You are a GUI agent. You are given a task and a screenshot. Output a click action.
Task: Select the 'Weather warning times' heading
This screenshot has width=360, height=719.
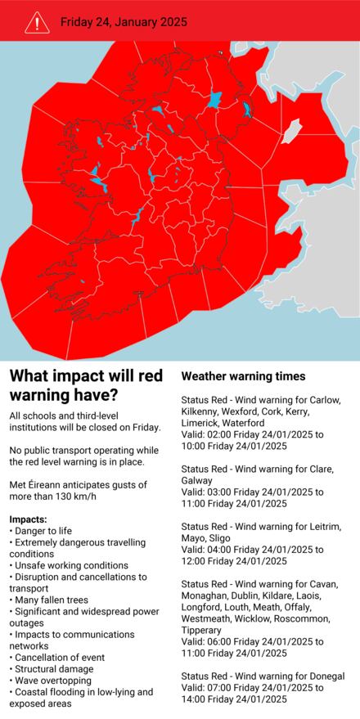(x=243, y=376)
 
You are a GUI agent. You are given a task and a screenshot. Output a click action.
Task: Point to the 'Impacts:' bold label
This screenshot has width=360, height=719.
(x=28, y=519)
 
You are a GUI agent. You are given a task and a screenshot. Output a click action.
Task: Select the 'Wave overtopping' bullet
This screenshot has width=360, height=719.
(x=52, y=680)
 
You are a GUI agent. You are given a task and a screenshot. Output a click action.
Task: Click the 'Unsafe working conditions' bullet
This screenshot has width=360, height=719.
(x=69, y=565)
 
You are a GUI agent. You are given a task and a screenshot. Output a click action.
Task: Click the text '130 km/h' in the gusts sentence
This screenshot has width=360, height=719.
(x=73, y=497)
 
